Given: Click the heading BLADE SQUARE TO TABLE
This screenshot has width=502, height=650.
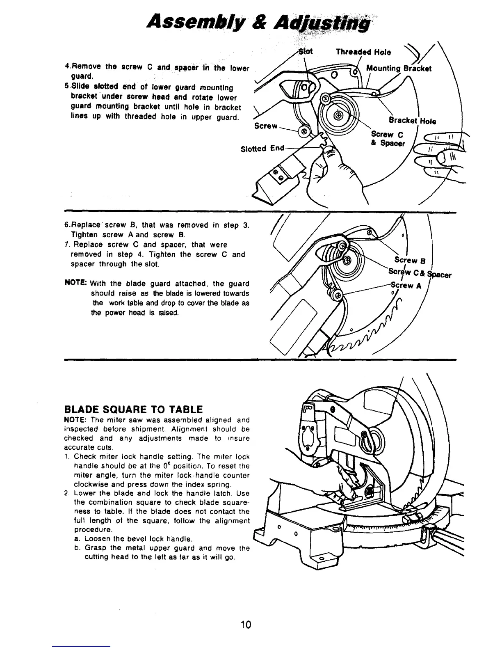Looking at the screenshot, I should pos(133,409).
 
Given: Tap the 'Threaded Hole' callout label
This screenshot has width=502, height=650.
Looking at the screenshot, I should pos(363,52).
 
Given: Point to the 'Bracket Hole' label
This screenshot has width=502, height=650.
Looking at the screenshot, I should pos(412,121).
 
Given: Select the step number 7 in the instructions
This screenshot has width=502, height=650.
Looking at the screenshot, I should pos(67,245).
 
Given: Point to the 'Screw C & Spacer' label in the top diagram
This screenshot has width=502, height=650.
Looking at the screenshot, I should pos(388,139).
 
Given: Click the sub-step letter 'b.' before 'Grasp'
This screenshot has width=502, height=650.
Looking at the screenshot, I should pos(77,548).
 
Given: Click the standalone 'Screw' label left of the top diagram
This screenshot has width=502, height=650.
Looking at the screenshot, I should pos(266,126).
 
